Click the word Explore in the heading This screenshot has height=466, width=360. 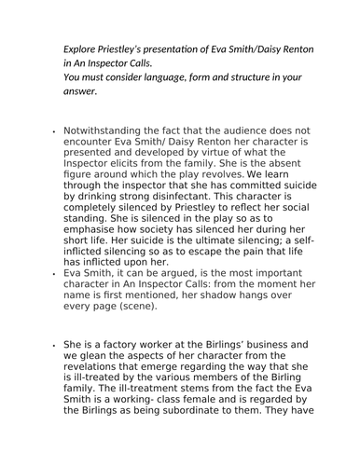(x=80, y=48)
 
